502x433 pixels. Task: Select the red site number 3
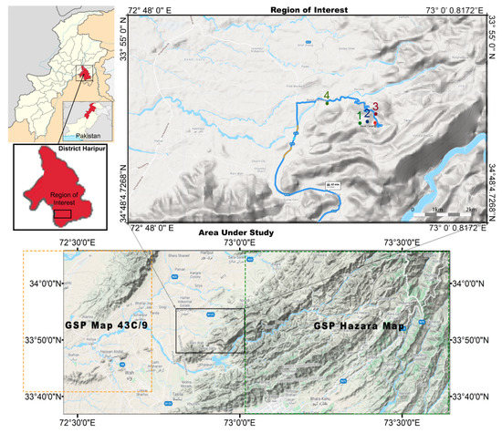(x=375, y=107)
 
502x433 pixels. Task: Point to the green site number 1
(x=359, y=116)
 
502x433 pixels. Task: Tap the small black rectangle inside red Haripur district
(x=63, y=213)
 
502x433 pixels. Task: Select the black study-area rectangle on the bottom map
(x=210, y=331)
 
